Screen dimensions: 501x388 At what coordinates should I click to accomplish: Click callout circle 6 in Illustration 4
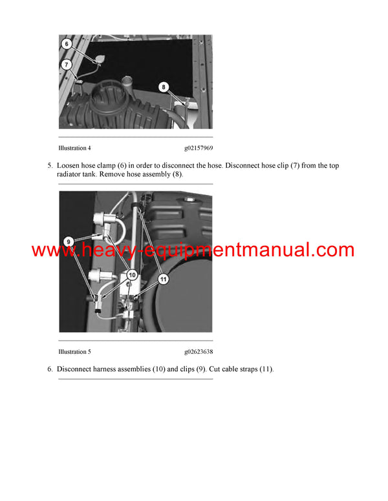tap(66, 44)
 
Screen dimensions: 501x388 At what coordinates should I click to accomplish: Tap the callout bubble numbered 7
tap(66, 65)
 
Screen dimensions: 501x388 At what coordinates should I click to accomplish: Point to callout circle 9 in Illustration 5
tap(68, 241)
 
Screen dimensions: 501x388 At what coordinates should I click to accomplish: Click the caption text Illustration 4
tap(74, 148)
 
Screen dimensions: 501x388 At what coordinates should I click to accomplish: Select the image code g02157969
tap(198, 148)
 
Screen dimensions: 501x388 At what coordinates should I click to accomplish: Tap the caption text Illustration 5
tap(74, 352)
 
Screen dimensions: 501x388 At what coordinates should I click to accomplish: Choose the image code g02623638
tap(198, 352)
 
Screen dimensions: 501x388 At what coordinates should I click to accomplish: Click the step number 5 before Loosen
tap(50, 166)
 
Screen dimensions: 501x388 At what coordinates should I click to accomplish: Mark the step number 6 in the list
tap(50, 369)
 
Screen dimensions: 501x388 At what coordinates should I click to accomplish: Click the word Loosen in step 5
tap(69, 166)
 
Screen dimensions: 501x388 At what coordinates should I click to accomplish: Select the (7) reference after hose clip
tap(272, 166)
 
